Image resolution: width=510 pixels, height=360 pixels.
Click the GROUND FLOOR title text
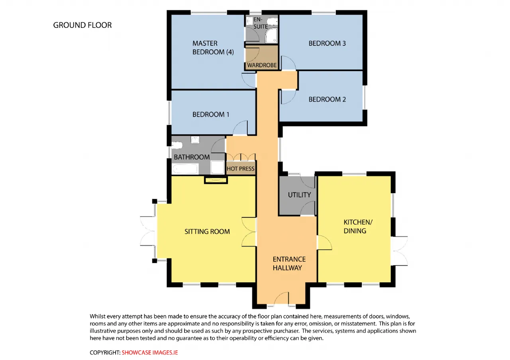tap(82, 25)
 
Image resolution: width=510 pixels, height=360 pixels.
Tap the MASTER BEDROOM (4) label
tap(213, 47)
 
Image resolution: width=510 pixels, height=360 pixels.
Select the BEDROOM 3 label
tap(327, 43)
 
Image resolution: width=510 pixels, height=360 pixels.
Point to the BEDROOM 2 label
tap(327, 99)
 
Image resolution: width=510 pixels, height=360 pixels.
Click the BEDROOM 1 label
tap(211, 114)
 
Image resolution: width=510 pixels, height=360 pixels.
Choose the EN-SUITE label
tap(261, 23)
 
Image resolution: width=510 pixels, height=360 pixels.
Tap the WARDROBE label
tap(262, 65)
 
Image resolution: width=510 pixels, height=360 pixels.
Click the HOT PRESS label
tap(240, 168)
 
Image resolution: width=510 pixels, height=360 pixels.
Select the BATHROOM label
tap(192, 157)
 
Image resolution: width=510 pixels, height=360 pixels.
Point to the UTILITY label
tap(299, 195)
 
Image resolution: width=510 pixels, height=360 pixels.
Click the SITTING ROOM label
tap(207, 231)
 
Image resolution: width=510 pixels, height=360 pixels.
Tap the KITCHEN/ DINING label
tap(358, 227)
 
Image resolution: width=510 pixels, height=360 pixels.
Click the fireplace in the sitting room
tap(216, 180)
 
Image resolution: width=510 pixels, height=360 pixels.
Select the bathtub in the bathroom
tap(185, 169)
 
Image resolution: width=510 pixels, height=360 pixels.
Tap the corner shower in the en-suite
tap(271, 35)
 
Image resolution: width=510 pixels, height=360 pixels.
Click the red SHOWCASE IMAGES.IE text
tap(150, 352)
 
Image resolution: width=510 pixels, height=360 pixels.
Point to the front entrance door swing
tap(281, 298)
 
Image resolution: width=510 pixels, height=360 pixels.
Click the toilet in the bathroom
tap(177, 145)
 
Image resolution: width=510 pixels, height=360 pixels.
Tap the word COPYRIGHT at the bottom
tap(105, 352)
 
